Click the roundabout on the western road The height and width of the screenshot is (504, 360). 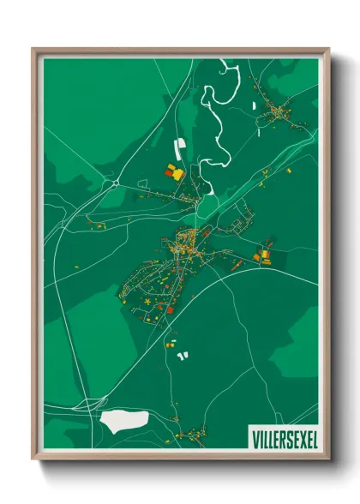click(115, 182)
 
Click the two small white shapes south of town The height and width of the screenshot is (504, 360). click(181, 353)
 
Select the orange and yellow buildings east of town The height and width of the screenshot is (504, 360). click(263, 255)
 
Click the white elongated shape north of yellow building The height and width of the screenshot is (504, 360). click(180, 147)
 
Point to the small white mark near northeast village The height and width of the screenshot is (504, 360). click(255, 105)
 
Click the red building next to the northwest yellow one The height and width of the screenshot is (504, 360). click(169, 171)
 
